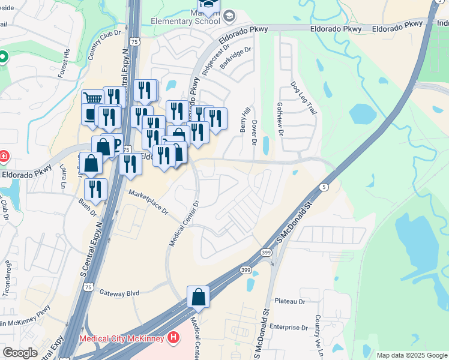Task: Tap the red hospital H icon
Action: pyautogui.click(x=174, y=338)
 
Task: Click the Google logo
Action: pyautogui.click(x=20, y=353)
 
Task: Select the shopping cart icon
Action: pyautogui.click(x=92, y=99)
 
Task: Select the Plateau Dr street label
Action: pyautogui.click(x=290, y=301)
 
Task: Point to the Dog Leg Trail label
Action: pyautogui.click(x=303, y=98)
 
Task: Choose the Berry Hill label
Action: pyautogui.click(x=244, y=121)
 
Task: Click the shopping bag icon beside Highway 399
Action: pyautogui.click(x=198, y=296)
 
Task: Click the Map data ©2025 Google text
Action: pyautogui.click(x=411, y=355)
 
